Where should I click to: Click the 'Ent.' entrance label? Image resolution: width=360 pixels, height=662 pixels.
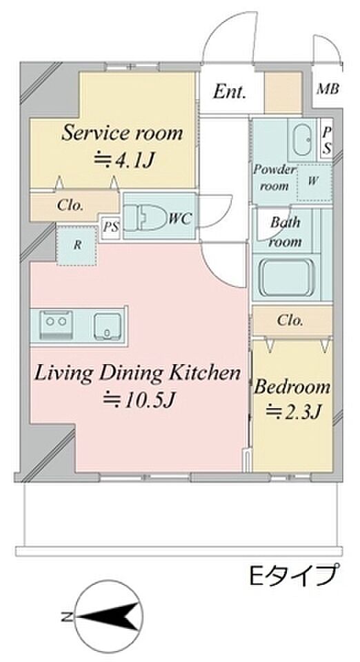pyautogui.click(x=229, y=92)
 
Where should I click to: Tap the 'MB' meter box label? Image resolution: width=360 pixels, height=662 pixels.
pyautogui.click(x=328, y=90)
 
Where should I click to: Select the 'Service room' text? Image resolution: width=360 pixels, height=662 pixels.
pyautogui.click(x=122, y=133)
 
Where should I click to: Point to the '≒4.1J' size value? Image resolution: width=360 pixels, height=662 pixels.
pyautogui.click(x=122, y=160)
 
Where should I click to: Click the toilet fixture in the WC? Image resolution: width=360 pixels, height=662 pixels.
pyautogui.click(x=145, y=219)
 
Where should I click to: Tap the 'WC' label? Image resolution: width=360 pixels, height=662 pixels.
pyautogui.click(x=180, y=219)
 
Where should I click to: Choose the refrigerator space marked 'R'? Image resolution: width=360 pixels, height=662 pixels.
pyautogui.click(x=78, y=245)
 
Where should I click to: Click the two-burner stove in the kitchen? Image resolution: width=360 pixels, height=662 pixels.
pyautogui.click(x=56, y=325)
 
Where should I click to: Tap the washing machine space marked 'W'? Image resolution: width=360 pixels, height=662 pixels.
pyautogui.click(x=314, y=181)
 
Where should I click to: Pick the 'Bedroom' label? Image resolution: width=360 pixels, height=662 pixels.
pyautogui.click(x=292, y=387)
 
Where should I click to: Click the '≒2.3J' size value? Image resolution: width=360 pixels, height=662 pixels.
pyautogui.click(x=291, y=410)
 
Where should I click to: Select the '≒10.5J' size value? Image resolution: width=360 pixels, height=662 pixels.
pyautogui.click(x=139, y=399)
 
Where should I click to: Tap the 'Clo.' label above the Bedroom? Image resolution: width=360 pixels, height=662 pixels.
pyautogui.click(x=290, y=321)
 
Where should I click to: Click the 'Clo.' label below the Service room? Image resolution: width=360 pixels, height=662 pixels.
pyautogui.click(x=70, y=205)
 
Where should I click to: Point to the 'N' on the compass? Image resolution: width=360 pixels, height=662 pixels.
pyautogui.click(x=66, y=616)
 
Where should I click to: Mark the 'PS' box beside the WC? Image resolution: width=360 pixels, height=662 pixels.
pyautogui.click(x=111, y=228)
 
